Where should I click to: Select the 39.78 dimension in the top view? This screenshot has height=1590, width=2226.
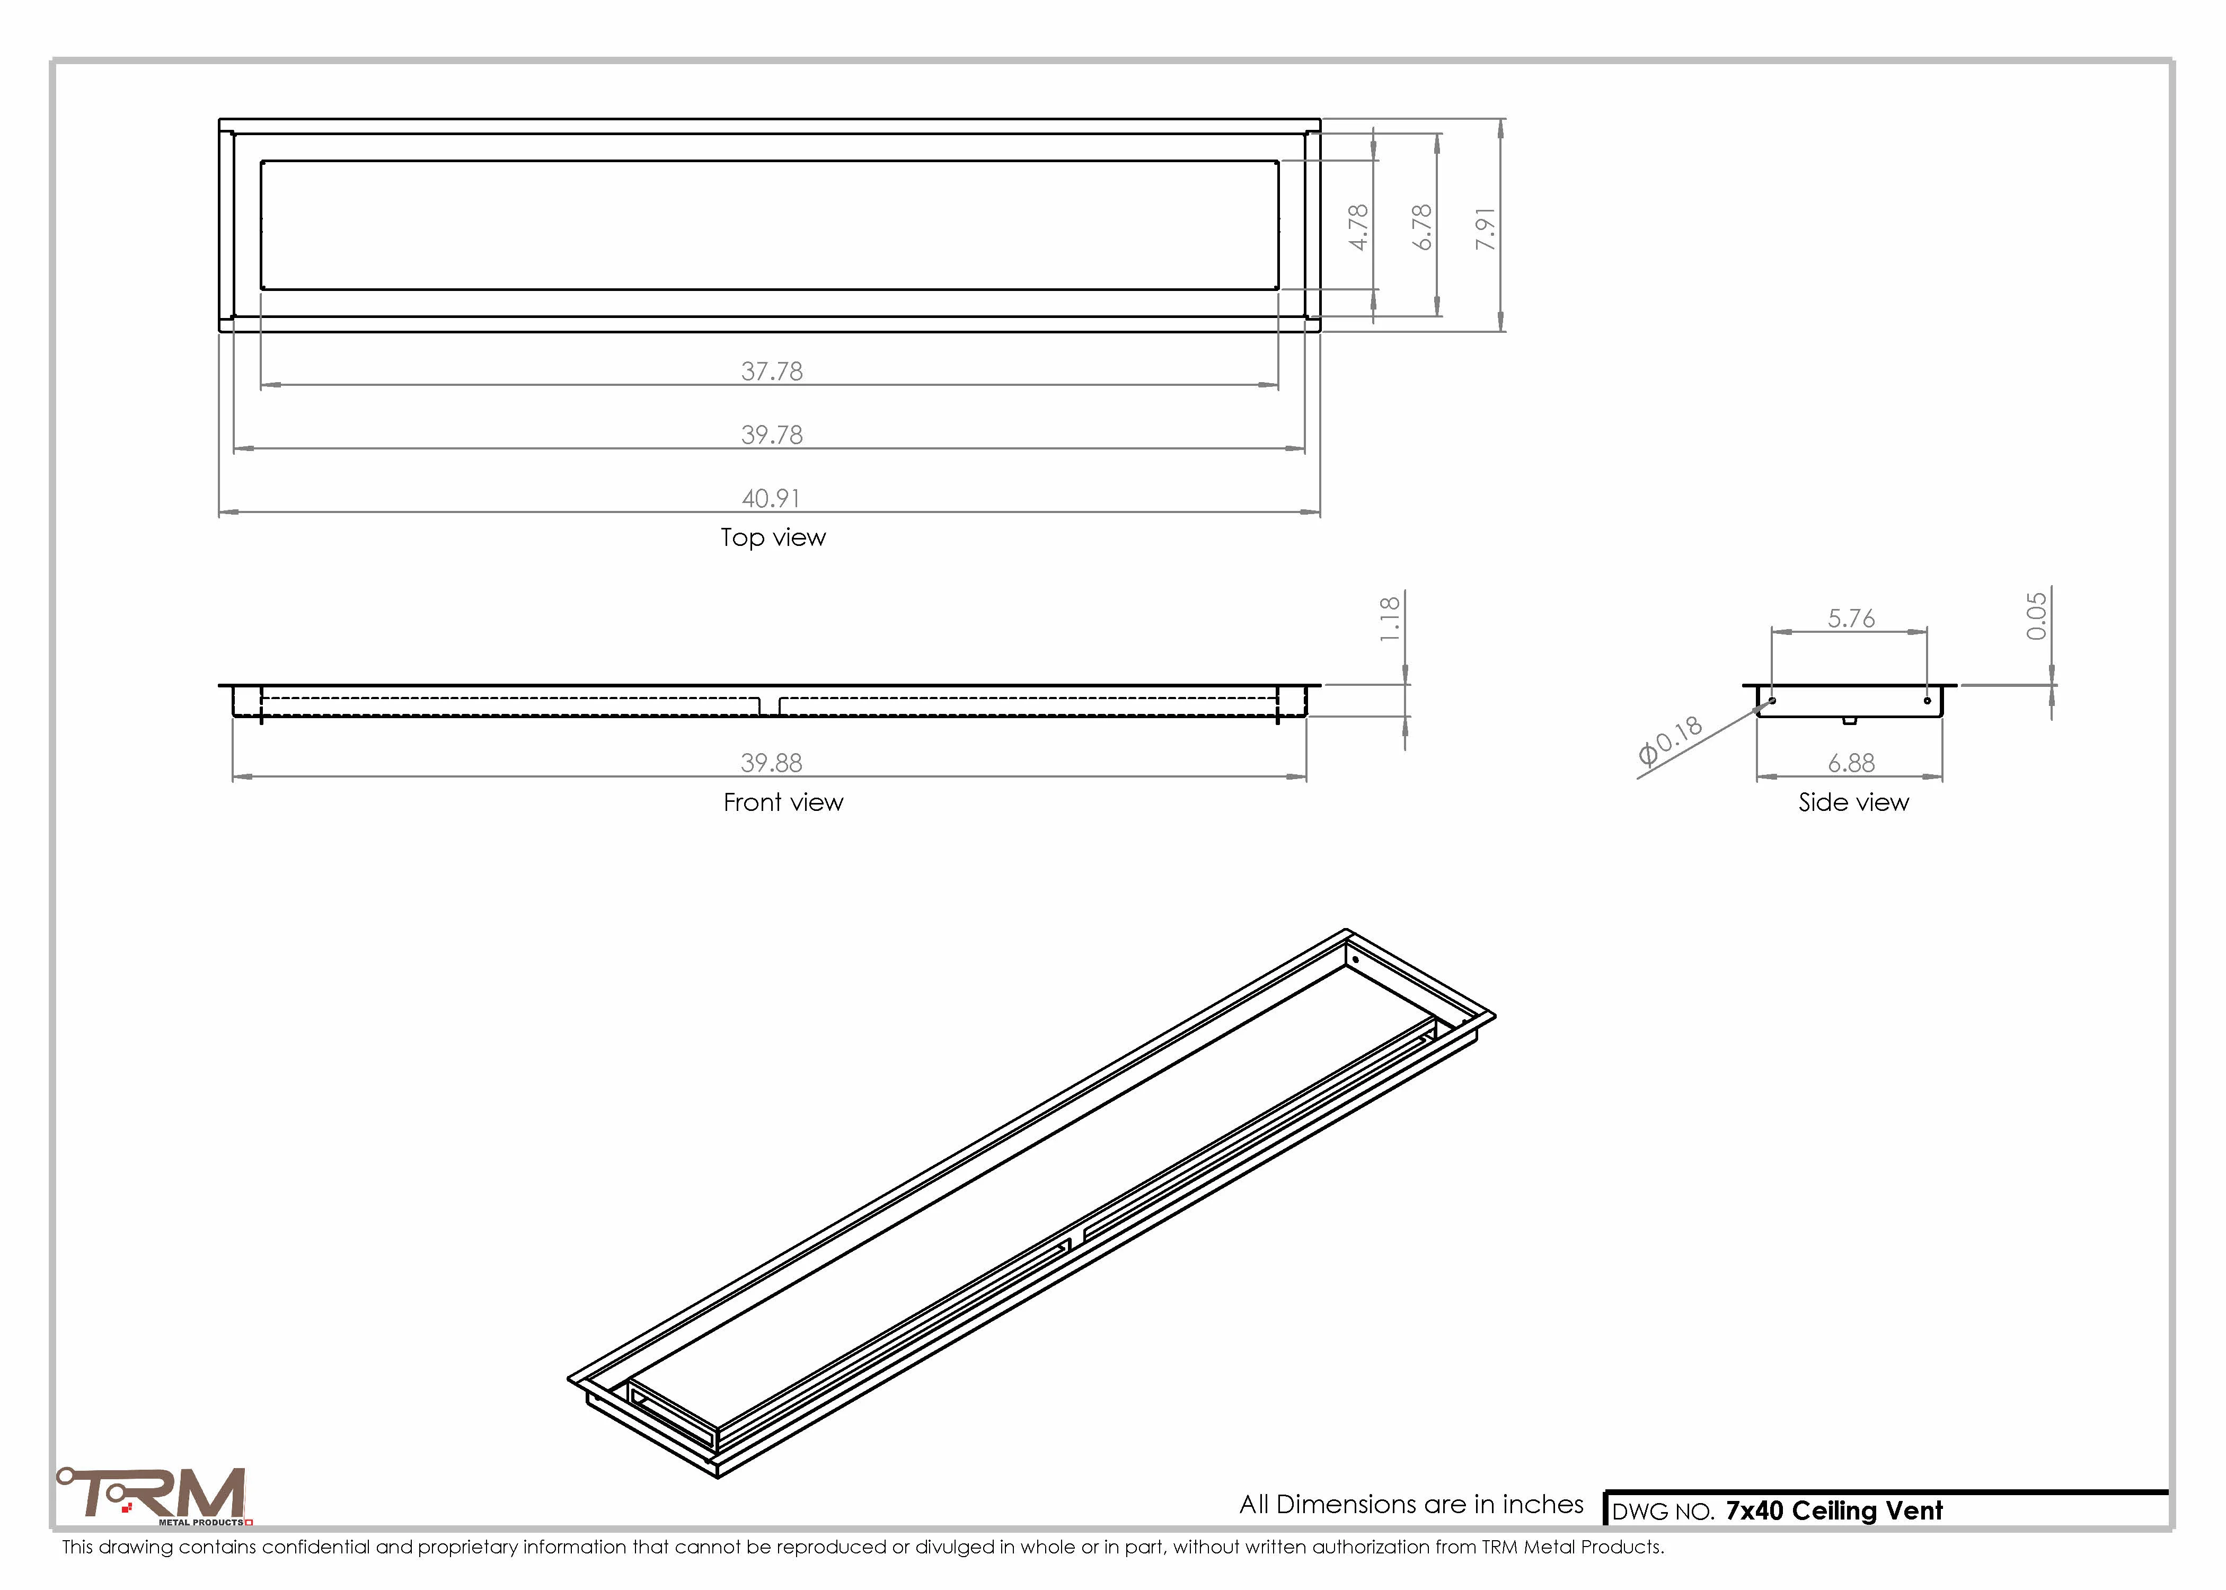click(x=771, y=435)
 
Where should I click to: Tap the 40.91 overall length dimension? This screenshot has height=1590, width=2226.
click(x=771, y=498)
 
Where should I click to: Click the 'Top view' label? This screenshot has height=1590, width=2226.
click(x=773, y=537)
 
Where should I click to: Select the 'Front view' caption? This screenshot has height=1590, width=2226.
click(x=783, y=803)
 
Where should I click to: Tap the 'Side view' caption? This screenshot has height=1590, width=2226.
click(x=1853, y=803)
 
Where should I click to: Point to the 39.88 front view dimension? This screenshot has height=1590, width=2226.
click(x=771, y=763)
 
